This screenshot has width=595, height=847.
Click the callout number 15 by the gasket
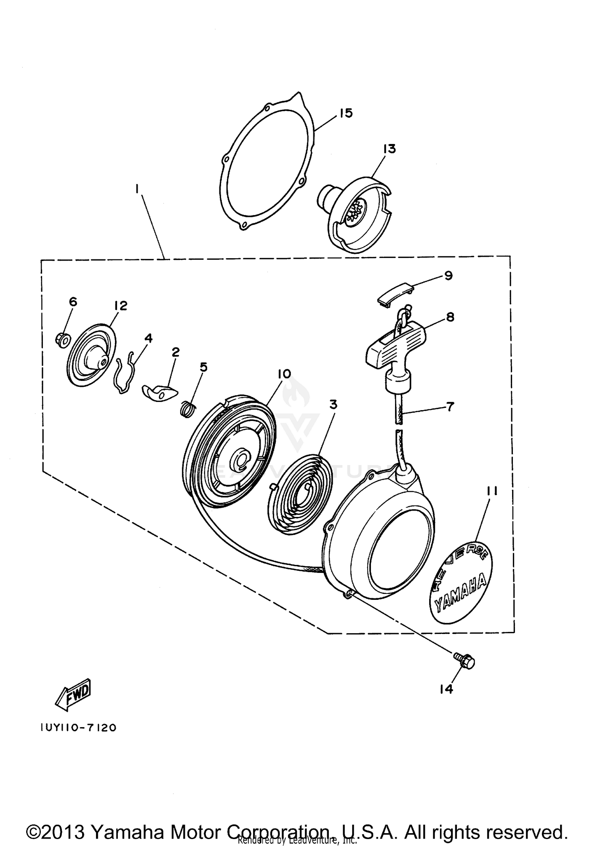[346, 113]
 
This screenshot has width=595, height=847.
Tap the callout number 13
[389, 149]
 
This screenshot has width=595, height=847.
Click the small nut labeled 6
[62, 340]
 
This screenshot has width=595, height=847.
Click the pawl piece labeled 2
[157, 393]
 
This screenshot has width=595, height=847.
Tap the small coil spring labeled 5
[188, 409]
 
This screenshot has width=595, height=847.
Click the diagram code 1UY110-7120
[78, 728]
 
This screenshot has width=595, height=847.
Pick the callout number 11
[491, 491]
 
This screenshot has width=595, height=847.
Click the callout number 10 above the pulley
[284, 374]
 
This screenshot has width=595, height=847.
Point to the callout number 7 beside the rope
[450, 406]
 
